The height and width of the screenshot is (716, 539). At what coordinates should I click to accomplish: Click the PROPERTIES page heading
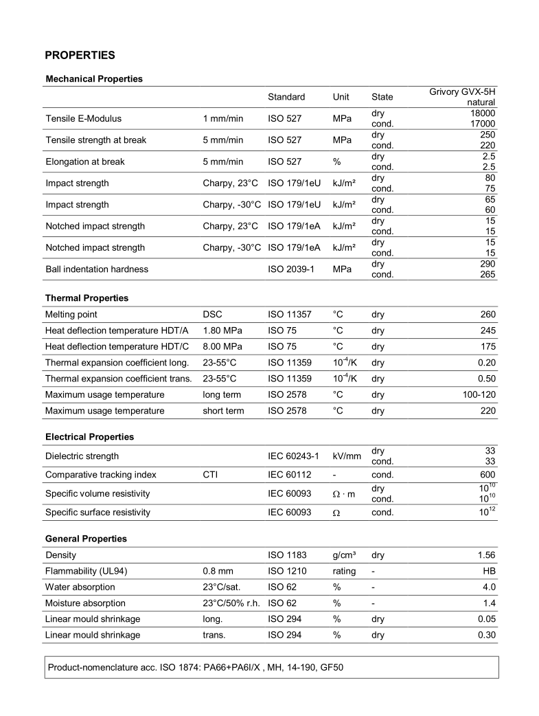point(80,54)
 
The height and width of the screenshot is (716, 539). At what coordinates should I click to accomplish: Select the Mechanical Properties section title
point(94,79)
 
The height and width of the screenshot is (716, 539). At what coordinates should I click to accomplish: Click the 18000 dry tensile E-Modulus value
point(483,113)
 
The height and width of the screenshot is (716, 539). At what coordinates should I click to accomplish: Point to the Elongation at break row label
point(85,162)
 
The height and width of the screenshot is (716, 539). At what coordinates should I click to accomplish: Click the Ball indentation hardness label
point(97,269)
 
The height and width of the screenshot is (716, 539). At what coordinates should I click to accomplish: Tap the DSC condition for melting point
point(213,315)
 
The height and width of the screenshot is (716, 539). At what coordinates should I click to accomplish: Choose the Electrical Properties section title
point(90,437)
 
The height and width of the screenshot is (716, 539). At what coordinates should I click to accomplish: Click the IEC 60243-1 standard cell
point(293,456)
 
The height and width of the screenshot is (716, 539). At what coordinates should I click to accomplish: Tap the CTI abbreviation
point(211,475)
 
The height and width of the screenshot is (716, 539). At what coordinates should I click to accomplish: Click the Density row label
point(61,555)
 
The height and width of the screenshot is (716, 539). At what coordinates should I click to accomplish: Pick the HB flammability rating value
point(488,571)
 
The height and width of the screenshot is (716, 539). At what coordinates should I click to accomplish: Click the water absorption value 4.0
point(488,587)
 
